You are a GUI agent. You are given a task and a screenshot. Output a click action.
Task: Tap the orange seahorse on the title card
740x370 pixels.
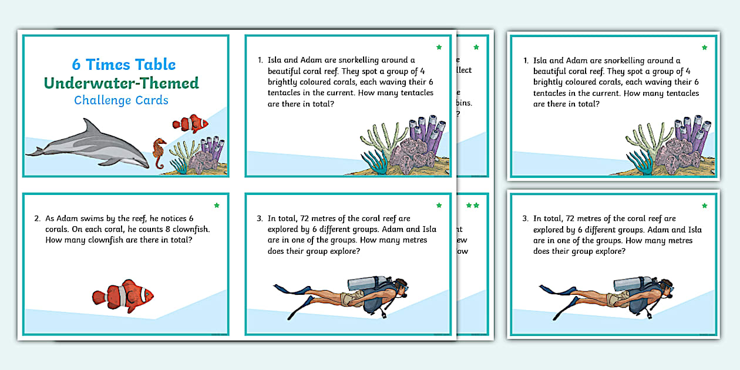(x=159, y=152)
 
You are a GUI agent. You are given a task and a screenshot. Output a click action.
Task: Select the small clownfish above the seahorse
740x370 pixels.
(x=190, y=123)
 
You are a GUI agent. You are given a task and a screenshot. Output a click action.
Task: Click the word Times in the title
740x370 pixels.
(x=107, y=65)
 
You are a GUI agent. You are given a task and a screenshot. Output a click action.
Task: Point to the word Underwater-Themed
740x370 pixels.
(x=122, y=83)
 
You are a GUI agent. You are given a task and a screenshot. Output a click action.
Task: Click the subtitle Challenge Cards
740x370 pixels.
(x=121, y=100)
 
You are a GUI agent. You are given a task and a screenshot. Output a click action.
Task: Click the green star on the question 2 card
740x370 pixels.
(x=217, y=205)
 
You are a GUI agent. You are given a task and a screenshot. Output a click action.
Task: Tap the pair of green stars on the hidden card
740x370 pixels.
(x=472, y=206)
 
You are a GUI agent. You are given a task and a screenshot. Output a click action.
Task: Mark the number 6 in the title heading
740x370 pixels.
(x=76, y=65)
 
